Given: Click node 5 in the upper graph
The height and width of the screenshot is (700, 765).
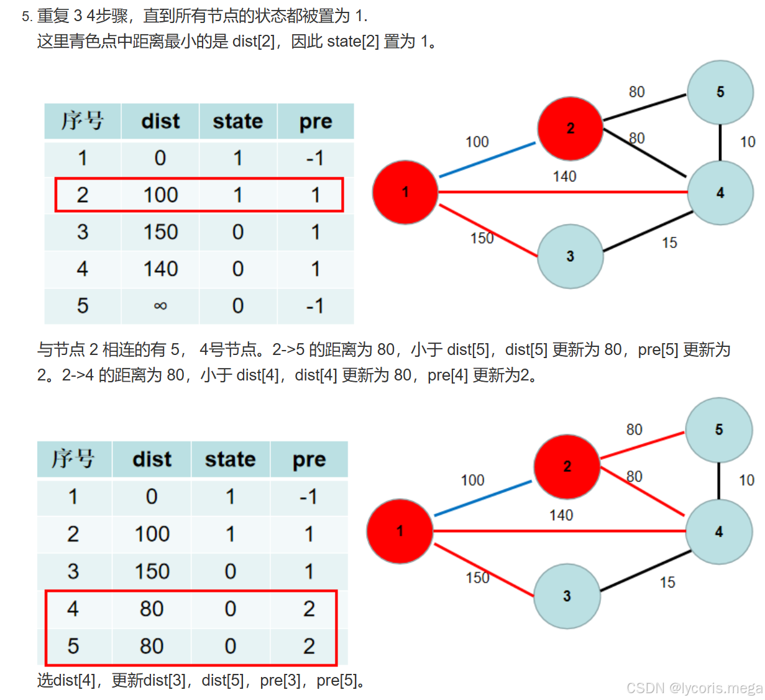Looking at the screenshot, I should [720, 92].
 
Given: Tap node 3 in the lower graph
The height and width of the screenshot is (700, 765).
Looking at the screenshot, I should [567, 596].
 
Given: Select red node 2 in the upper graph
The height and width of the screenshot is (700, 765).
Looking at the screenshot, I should [570, 129].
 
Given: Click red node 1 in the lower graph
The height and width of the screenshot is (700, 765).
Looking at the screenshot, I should [400, 531].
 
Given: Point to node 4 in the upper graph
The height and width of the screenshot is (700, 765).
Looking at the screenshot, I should [720, 193].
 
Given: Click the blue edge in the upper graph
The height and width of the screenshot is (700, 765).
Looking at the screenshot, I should [487, 160].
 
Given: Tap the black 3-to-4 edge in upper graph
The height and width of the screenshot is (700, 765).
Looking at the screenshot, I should [648, 232].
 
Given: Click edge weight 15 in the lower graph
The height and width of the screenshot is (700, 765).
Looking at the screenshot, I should [667, 583].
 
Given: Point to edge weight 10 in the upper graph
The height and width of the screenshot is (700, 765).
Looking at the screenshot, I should [748, 142].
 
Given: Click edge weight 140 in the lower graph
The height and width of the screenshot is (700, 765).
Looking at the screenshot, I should [561, 515].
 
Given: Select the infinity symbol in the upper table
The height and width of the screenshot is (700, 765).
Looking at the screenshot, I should [160, 306].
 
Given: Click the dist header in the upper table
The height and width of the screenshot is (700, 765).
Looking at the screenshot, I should [160, 121].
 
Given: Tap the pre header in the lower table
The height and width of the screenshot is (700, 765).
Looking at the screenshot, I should [309, 459].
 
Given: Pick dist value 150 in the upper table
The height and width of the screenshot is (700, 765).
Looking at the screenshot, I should [160, 232].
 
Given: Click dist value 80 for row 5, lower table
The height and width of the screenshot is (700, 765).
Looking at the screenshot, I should [152, 646].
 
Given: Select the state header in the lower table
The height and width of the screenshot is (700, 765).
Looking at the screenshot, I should [230, 459].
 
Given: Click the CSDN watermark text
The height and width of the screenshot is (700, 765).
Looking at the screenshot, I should [694, 688].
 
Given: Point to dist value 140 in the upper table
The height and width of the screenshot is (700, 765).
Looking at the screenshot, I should [160, 269].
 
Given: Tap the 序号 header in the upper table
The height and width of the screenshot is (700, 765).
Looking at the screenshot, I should [83, 121].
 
